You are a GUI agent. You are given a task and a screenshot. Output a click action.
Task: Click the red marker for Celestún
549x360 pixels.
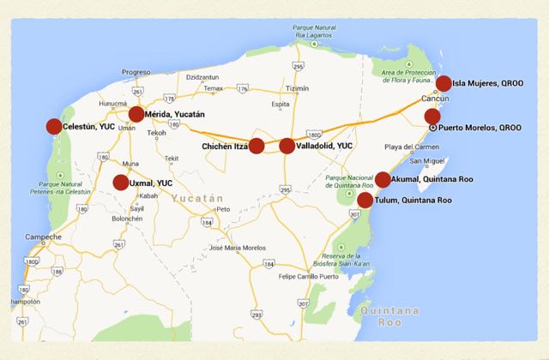(54, 127)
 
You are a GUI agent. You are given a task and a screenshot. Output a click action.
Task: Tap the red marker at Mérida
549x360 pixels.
(136, 114)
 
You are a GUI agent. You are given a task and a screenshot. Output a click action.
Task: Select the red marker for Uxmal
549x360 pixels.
(121, 182)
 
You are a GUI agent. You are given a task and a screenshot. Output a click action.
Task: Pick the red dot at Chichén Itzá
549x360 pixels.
(256, 146)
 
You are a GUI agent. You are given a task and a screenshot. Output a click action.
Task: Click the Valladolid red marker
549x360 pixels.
(287, 146)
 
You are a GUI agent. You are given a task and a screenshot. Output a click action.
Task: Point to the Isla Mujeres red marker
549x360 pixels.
(443, 83)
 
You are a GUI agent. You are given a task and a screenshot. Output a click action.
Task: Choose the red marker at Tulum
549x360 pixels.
(365, 201)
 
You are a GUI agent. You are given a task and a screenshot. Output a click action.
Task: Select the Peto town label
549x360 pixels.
(224, 208)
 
